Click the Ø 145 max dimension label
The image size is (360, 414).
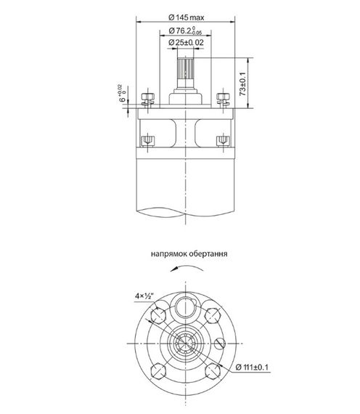point(187,15)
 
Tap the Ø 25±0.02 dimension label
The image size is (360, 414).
point(187,44)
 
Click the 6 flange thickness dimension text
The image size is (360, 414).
point(123,94)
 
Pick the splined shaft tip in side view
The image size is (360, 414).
point(186,70)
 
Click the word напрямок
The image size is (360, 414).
point(168,256)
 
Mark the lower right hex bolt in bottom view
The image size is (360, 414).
point(213,370)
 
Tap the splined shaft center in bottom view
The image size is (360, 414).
point(187,343)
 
